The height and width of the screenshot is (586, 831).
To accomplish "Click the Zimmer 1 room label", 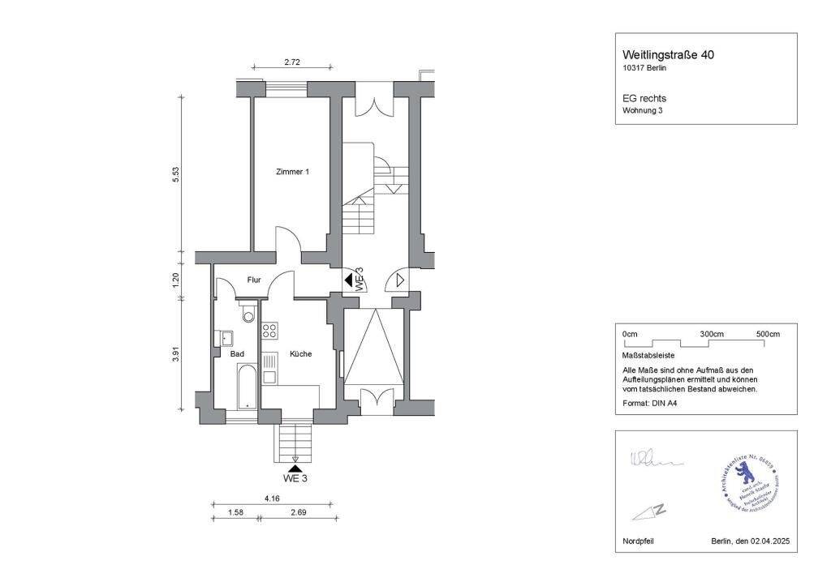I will tap(292, 172).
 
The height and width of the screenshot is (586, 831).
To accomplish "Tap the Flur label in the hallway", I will tap(254, 280).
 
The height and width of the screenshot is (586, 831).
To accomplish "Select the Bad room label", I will tap(237, 354).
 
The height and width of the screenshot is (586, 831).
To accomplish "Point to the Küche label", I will tap(299, 354).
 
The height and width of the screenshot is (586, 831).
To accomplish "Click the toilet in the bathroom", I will tap(248, 312).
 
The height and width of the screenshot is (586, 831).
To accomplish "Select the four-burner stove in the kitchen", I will tap(269, 331).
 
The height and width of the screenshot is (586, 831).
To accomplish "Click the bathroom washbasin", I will tap(224, 338).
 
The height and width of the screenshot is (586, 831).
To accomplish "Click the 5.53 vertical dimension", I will tap(175, 174).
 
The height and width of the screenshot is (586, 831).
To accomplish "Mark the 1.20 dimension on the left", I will tap(175, 280).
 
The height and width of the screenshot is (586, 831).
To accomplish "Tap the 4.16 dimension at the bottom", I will tap(271, 498).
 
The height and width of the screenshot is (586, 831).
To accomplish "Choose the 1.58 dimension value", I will tap(236, 512).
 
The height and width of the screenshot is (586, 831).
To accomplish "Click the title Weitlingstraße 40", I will tap(668, 54).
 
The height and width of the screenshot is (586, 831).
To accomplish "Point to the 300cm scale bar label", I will tap(711, 334).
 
